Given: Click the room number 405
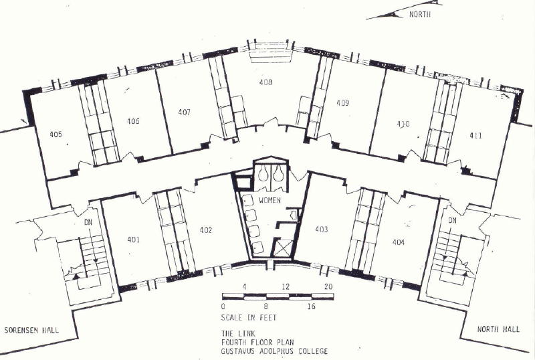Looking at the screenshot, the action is click(56, 134).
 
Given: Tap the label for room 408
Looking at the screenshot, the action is click(265, 82).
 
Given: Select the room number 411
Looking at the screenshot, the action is click(475, 136).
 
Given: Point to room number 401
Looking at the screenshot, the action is click(133, 240).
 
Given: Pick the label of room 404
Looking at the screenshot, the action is click(399, 242).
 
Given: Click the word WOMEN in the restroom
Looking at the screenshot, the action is click(270, 200).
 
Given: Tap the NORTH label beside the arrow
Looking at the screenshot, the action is click(420, 14).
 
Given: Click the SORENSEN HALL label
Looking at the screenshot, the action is click(31, 331).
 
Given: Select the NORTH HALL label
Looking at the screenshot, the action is click(498, 329).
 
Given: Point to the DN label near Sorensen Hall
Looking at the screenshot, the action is click(88, 222).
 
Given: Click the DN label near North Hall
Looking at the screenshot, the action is click(452, 221).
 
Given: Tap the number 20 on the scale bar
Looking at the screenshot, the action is click(328, 286).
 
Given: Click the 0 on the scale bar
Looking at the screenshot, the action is click(223, 306).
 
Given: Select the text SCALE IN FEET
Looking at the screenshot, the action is click(249, 318).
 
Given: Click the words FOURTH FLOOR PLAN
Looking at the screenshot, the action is click(257, 342).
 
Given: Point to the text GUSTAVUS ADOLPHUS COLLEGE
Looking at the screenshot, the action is click(274, 351).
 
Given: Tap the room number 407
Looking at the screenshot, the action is click(185, 112).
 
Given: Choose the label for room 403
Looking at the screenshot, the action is click(322, 230).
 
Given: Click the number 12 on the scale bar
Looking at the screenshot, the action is click(286, 286).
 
